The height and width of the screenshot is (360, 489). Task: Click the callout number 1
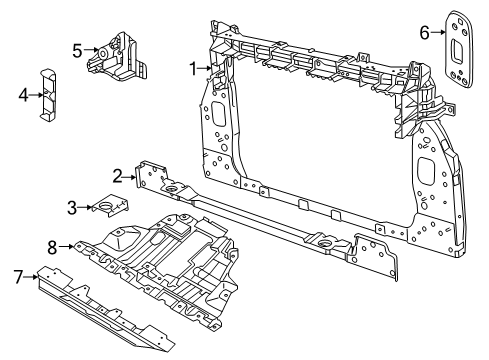click(194, 68)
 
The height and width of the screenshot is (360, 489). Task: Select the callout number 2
click(118, 176)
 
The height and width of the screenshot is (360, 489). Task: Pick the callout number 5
click(77, 49)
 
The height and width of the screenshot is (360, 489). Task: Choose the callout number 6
click(424, 33)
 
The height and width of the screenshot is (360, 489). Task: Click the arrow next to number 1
click(206, 68)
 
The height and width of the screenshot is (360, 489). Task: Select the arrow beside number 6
click(436, 33)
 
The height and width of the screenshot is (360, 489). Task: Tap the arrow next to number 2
click(131, 177)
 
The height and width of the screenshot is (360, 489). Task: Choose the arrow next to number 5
click(90, 49)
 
